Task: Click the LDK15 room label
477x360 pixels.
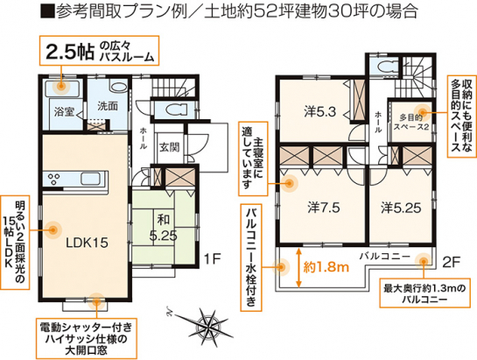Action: [87, 243]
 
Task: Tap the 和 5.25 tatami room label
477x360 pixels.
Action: [164, 228]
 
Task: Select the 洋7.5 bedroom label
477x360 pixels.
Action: [323, 208]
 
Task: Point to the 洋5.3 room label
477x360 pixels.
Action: [319, 112]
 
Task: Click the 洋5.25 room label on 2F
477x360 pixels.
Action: [401, 208]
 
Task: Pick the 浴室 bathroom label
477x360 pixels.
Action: [64, 112]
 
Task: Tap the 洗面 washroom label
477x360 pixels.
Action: [108, 106]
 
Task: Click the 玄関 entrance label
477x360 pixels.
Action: [170, 147]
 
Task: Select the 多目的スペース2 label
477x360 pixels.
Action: [411, 122]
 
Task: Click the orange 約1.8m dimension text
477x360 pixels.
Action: [326, 267]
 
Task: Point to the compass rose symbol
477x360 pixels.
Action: [209, 326]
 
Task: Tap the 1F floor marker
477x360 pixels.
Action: [212, 259]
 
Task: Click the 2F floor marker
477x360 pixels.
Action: [450, 263]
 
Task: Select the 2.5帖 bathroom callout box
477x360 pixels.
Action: [99, 51]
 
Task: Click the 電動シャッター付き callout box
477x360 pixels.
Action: [86, 338]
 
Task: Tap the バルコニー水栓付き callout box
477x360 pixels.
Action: [251, 258]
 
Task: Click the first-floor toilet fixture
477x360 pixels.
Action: [174, 109]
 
